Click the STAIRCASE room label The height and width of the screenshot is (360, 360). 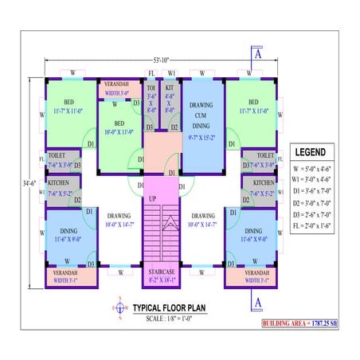click(x=162, y=272)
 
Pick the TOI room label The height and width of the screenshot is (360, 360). click(x=151, y=90)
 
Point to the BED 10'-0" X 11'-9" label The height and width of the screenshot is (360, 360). click(x=119, y=127)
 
